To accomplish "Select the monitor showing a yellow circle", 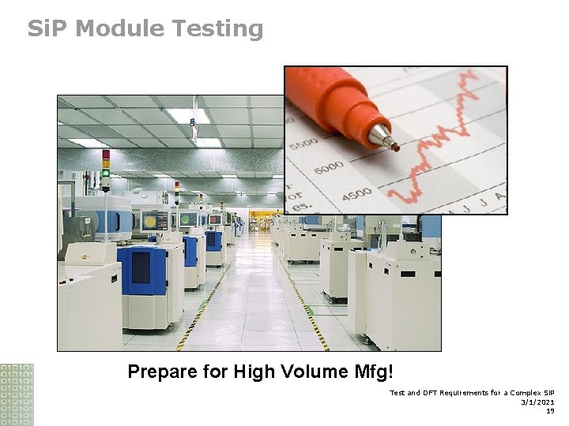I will [187, 219].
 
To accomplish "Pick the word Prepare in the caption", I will [163, 371].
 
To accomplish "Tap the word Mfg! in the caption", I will [375, 371].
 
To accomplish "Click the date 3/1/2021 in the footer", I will [537, 402].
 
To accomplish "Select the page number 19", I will [549, 410].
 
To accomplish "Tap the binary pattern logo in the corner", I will [17, 394].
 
